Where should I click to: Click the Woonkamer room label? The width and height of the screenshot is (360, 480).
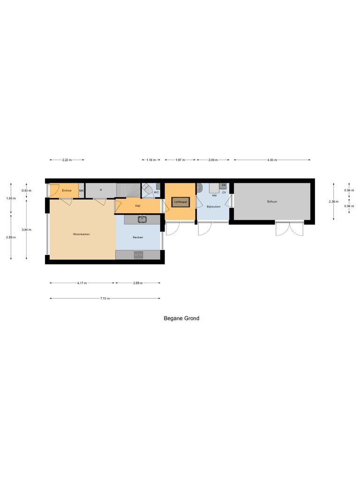click(81, 233)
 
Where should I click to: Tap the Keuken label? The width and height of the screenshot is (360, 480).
click(138, 237)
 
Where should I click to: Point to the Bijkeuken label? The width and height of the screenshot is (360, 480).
click(213, 206)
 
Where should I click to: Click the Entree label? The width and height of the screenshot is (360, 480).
click(67, 191)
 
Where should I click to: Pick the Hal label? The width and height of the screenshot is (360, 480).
click(137, 206)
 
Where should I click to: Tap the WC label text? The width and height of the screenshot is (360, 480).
click(156, 193)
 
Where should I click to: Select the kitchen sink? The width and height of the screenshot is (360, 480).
click(142, 219)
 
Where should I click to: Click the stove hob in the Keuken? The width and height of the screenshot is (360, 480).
click(139, 255)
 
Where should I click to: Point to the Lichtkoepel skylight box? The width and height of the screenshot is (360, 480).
click(180, 202)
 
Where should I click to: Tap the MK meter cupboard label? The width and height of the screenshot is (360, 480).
click(81, 191)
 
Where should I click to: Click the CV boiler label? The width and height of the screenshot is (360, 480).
click(224, 193)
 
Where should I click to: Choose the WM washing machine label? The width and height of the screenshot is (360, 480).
click(214, 195)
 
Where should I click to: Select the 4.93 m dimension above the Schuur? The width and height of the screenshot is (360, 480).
click(272, 160)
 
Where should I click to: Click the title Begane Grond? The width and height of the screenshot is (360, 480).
click(181, 318)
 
